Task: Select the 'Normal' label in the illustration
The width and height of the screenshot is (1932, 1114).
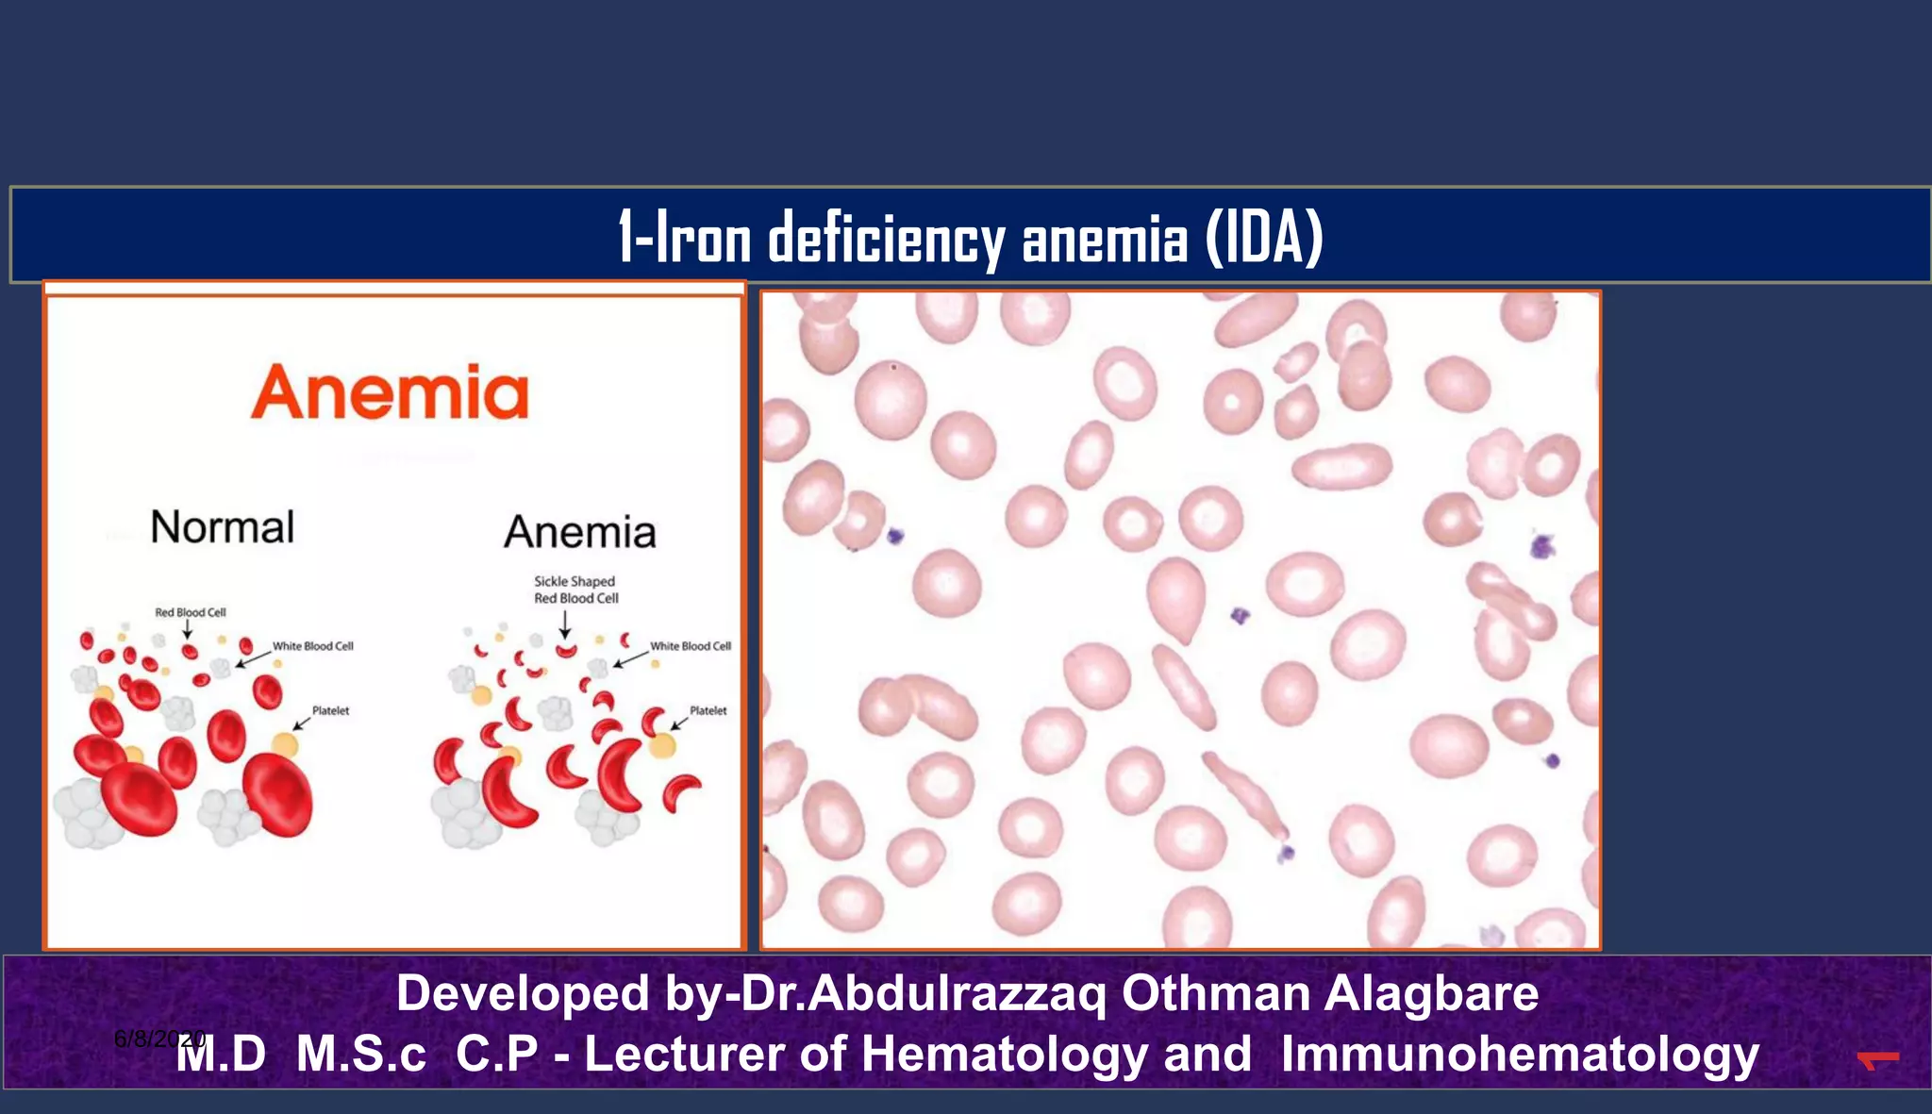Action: (223, 526)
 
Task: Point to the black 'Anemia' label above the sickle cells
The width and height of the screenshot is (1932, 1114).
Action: (579, 532)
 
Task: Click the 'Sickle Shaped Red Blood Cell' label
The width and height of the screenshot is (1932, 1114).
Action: (575, 590)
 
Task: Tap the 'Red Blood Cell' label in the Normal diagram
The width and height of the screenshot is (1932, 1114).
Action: (191, 612)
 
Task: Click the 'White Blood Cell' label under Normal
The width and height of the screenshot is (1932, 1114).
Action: (312, 646)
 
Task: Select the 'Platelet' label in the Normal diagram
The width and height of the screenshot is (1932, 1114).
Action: (330, 710)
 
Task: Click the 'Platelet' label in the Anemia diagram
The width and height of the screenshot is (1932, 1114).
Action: (708, 710)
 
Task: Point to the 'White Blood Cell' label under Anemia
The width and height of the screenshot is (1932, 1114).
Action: (690, 646)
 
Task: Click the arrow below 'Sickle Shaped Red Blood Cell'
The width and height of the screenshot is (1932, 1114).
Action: (564, 624)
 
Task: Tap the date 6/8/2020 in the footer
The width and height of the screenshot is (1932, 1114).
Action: (158, 1039)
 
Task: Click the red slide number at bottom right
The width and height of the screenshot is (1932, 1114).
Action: (1877, 1060)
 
